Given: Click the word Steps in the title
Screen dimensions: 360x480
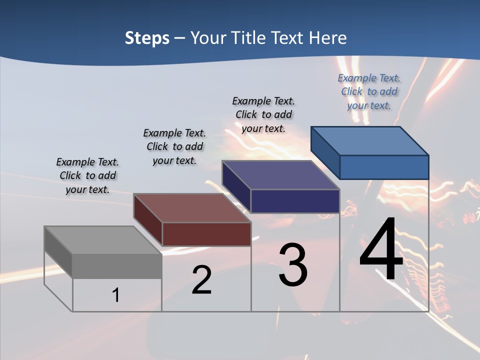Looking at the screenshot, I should (x=147, y=38).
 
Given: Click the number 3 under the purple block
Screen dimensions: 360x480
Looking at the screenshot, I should (x=293, y=265).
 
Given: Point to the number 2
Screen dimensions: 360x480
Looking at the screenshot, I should (x=201, y=280).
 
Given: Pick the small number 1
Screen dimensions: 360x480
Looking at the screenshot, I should (x=116, y=295).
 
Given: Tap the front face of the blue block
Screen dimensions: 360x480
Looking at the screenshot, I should (x=384, y=167).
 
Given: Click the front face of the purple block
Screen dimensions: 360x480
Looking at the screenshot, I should (x=295, y=201).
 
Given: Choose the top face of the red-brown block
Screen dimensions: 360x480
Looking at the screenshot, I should (x=192, y=208).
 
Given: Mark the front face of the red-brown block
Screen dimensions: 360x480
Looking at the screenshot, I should (x=206, y=234).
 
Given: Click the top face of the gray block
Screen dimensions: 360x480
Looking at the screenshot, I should (x=103, y=240).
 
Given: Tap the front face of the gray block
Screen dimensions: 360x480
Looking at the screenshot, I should (x=117, y=266).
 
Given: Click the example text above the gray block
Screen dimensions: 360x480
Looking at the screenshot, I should (x=87, y=176).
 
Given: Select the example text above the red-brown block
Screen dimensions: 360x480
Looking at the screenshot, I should (x=174, y=146).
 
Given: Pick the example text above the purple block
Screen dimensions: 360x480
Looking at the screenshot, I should (x=263, y=114).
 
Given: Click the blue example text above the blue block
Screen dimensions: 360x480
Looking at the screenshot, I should (x=369, y=91).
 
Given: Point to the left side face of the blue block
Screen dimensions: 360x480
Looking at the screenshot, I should (x=325, y=152).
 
